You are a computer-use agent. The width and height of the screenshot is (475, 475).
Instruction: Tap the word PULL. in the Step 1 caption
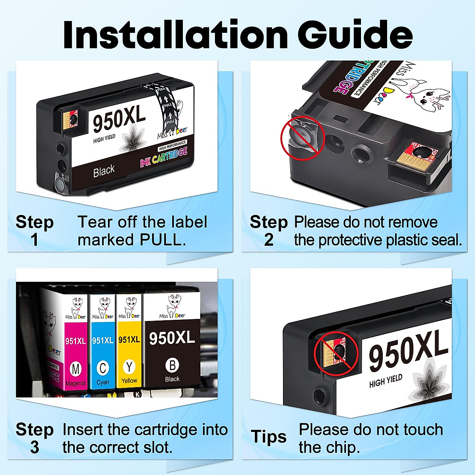pos(163,240)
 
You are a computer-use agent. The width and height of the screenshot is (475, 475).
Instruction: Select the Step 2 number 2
pos(269,240)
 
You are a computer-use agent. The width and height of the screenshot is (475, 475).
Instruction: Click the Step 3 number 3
pos(34,447)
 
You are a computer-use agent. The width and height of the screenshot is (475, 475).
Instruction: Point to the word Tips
pos(269,437)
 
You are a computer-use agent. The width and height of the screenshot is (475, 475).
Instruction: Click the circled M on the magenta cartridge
pos(75,369)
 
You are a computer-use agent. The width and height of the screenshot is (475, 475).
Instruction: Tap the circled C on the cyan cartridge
pos(103,369)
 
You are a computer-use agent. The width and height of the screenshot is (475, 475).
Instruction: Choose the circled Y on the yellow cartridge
pos(129,367)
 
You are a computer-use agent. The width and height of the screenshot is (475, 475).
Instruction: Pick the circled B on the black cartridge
pos(172,365)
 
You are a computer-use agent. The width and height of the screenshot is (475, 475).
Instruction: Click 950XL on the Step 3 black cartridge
pos(172,338)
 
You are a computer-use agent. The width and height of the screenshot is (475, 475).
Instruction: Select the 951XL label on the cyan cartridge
pos(103,340)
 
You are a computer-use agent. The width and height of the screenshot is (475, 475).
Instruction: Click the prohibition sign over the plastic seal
pos(302,137)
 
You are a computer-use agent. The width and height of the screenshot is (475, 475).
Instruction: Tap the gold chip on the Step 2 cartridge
pos(421,157)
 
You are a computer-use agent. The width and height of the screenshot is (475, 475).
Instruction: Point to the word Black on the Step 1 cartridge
pos(104,171)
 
